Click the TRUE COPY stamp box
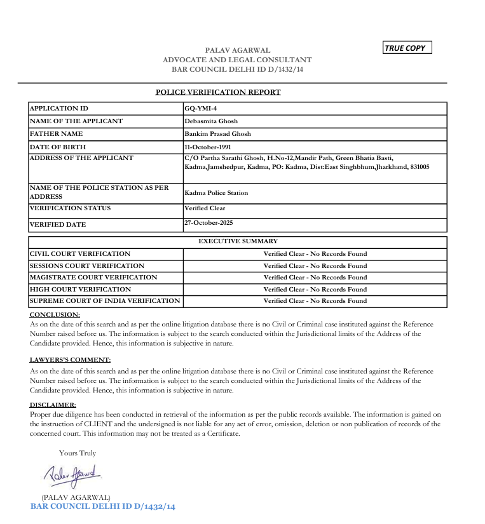tap(407, 48)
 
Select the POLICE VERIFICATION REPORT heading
tap(218, 92)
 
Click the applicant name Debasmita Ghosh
tap(211, 121)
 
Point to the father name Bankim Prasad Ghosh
tap(217, 134)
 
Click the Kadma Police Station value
tap(216, 192)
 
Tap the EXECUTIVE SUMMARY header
tap(238, 241)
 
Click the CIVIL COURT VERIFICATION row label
tap(80, 253)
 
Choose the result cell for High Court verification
tap(315, 289)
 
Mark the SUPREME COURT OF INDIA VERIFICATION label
tap(105, 300)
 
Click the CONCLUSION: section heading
tap(55, 314)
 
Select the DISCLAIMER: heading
tap(53, 405)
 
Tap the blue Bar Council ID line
tap(102, 506)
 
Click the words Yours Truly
tap(78, 453)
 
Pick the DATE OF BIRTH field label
tap(58, 147)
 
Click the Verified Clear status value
tap(205, 208)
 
